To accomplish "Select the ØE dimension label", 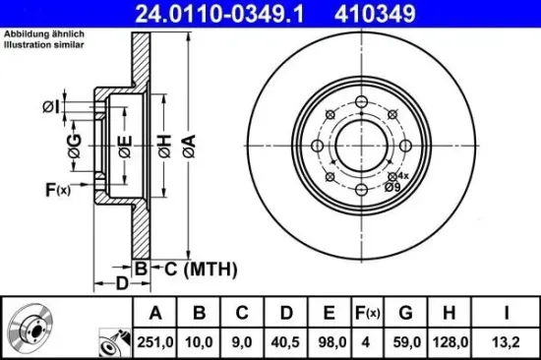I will [124, 147].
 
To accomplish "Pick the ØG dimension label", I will [75, 149].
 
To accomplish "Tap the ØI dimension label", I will [52, 106].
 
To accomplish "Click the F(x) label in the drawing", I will [58, 189].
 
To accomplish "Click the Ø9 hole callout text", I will [391, 186].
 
